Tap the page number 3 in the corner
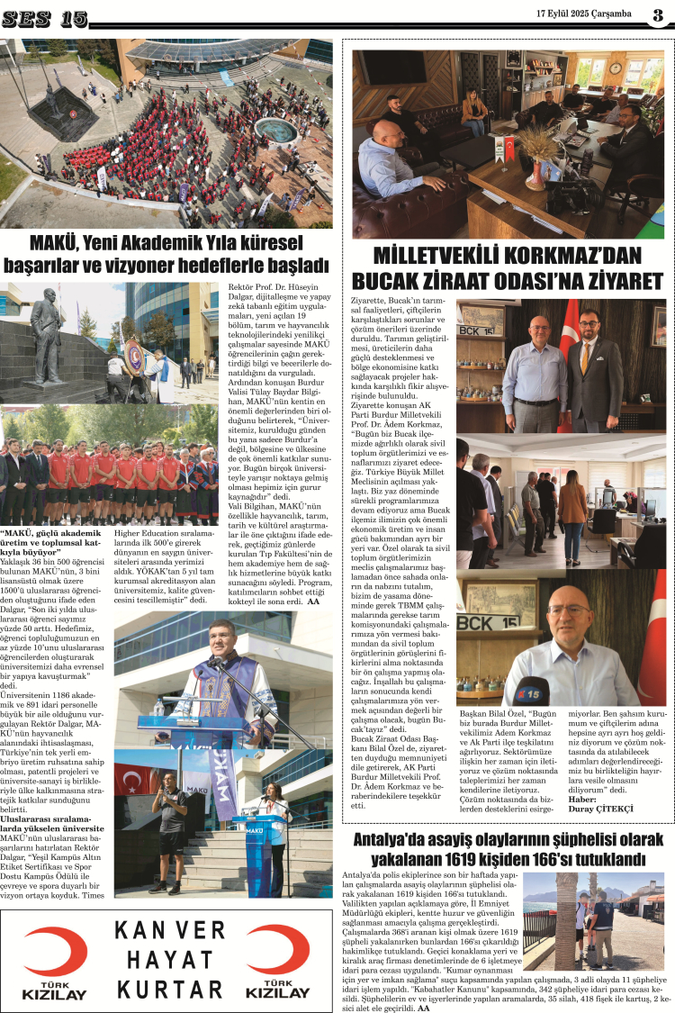pos(658,14)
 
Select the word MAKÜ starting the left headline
pos(52,244)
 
